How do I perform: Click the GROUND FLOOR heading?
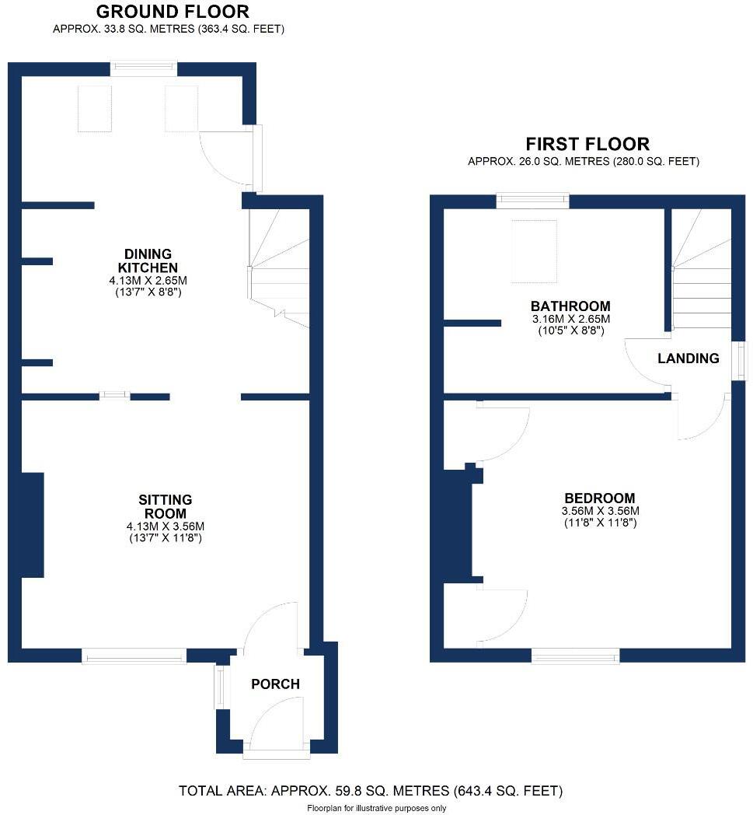pyautogui.click(x=173, y=12)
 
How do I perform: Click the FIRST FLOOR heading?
pyautogui.click(x=587, y=144)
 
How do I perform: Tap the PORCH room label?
pyautogui.click(x=275, y=684)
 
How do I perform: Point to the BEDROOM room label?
pyautogui.click(x=600, y=498)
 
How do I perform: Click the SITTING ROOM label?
pyautogui.click(x=165, y=507)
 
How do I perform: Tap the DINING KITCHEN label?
pyautogui.click(x=148, y=261)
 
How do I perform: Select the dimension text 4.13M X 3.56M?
pyautogui.click(x=165, y=526)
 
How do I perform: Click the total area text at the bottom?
pyautogui.click(x=371, y=792)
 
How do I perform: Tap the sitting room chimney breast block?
pyautogui.click(x=31, y=524)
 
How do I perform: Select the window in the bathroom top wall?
pyautogui.click(x=532, y=201)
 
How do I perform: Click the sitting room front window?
pyautogui.click(x=134, y=657)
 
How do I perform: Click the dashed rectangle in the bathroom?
pyautogui.click(x=534, y=250)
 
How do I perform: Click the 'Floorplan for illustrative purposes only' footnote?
pyautogui.click(x=377, y=809)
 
